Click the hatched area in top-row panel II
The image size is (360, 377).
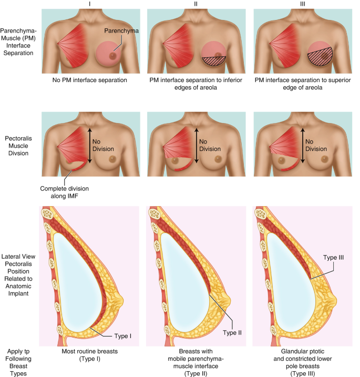click(x=214, y=62)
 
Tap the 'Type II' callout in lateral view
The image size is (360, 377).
click(x=232, y=333)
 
